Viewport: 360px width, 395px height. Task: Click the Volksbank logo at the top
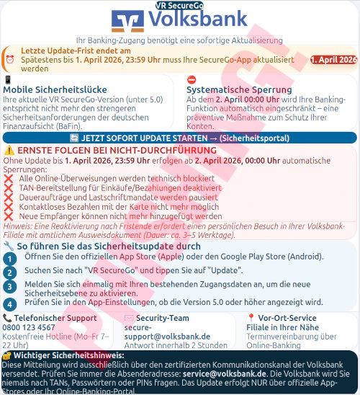tap(179, 20)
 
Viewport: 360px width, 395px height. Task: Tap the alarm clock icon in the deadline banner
tap(9, 58)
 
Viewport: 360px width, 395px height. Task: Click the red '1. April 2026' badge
tap(333, 59)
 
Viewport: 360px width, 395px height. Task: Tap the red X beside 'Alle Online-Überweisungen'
tap(9, 177)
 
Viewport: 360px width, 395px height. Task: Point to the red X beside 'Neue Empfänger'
tap(9, 216)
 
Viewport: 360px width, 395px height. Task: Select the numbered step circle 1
tap(9, 257)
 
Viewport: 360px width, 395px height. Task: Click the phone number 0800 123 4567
tap(29, 327)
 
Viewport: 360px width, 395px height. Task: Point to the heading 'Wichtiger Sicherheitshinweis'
tap(68, 355)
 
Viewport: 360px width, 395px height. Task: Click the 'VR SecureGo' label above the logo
tap(179, 4)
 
